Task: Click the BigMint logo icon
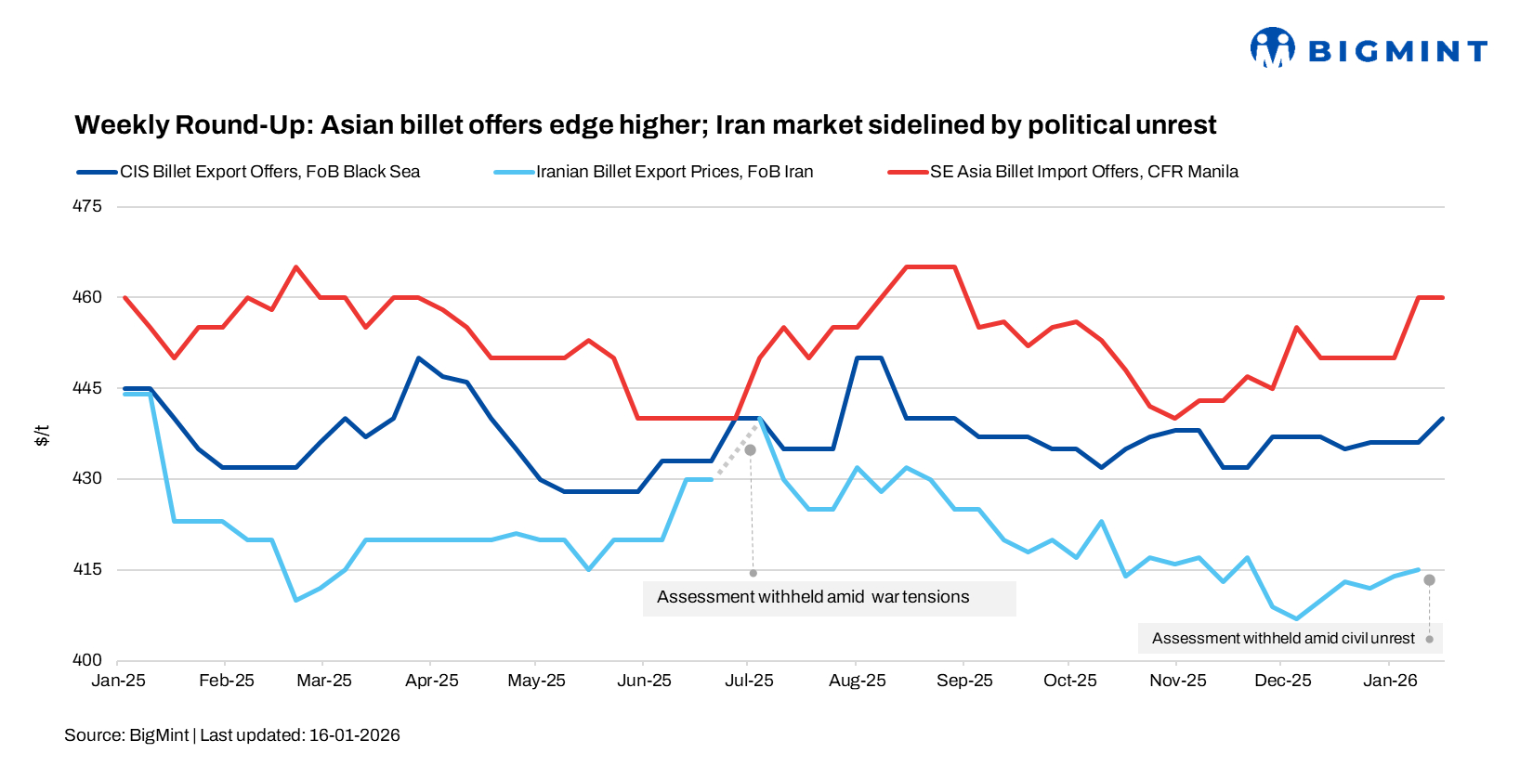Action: click(x=1272, y=47)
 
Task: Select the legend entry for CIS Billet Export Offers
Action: click(x=269, y=172)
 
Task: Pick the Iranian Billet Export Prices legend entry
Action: click(x=674, y=172)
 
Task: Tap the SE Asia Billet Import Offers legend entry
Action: click(x=1083, y=172)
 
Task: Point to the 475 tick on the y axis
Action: click(x=87, y=206)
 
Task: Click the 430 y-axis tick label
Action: click(x=87, y=478)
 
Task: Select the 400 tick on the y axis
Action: click(x=87, y=660)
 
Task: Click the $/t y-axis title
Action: click(x=42, y=435)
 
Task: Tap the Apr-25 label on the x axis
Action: click(x=432, y=681)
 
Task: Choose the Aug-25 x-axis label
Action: click(x=857, y=681)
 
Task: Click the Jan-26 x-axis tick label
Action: click(x=1390, y=681)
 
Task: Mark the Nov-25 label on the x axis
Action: click(x=1177, y=681)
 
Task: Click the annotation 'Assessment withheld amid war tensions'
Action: click(x=813, y=597)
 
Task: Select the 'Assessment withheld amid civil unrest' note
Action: click(x=1283, y=639)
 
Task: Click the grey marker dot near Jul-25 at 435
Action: click(x=751, y=449)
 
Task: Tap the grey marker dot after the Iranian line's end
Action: click(x=1429, y=579)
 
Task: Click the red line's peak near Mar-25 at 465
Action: click(x=295, y=267)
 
